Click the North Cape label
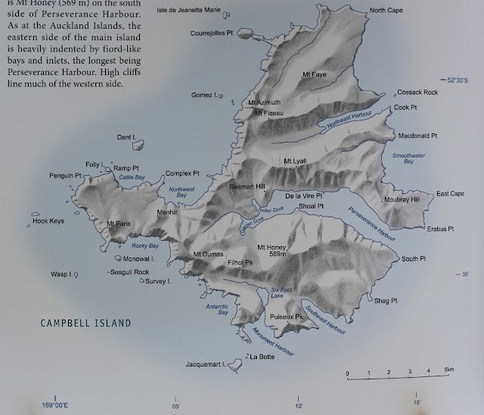386,11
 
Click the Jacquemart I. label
206,366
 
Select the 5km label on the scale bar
448,369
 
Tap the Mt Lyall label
295,161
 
